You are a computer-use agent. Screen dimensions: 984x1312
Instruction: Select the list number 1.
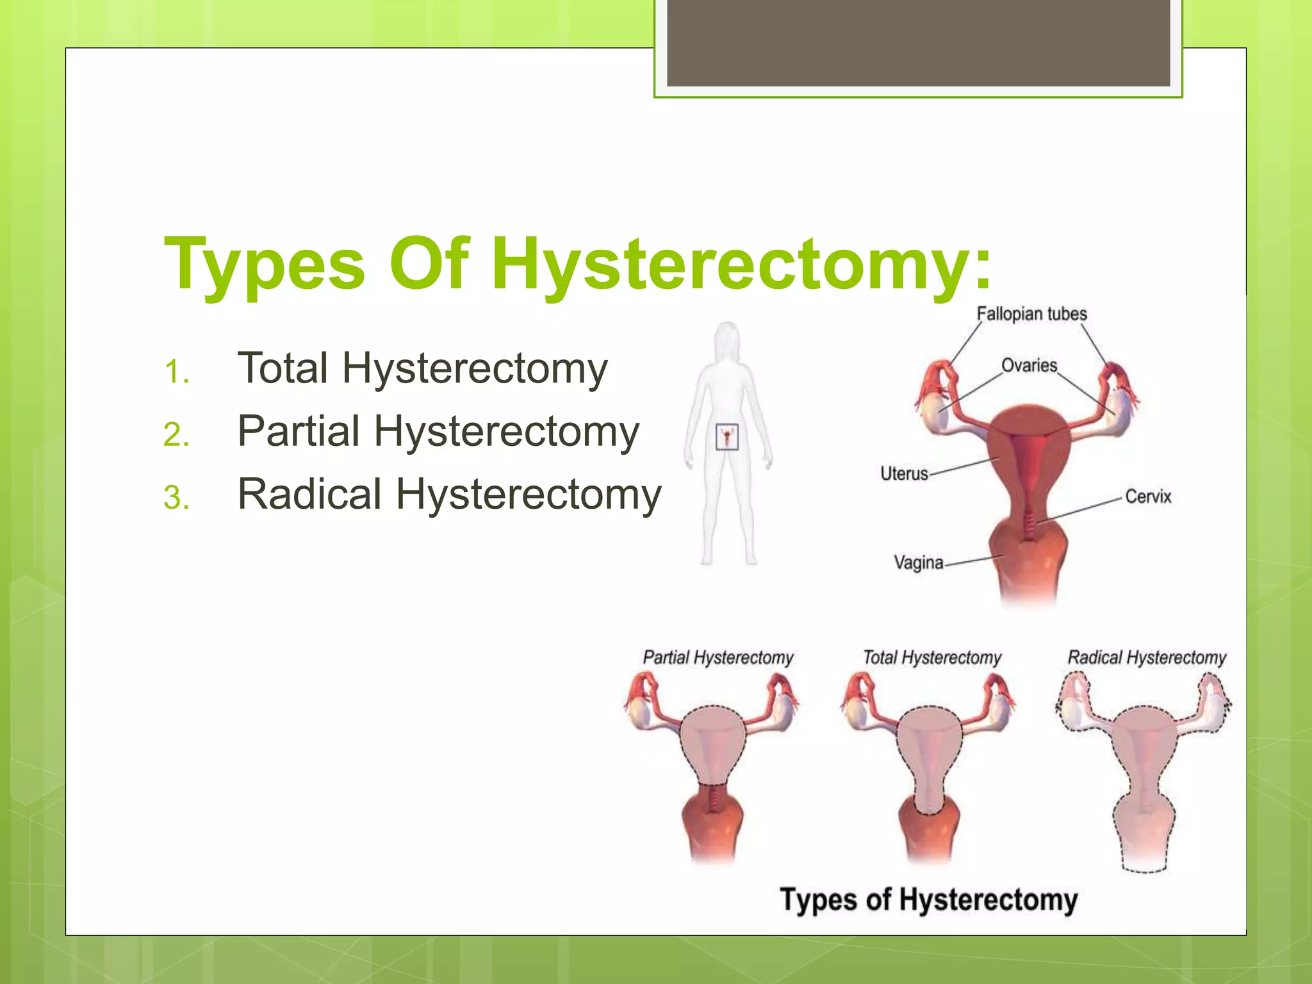pyautogui.click(x=176, y=372)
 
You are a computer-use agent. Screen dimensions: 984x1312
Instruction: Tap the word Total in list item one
pyautogui.click(x=283, y=368)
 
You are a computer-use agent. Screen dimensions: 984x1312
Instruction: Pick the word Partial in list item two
pyautogui.click(x=298, y=431)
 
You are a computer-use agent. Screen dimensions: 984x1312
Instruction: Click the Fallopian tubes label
pyautogui.click(x=1031, y=314)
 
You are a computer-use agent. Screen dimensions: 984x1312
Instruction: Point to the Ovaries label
pyautogui.click(x=1029, y=365)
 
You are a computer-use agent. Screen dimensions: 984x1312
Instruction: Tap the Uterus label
pyautogui.click(x=904, y=473)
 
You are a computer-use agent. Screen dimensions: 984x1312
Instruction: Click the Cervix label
pyautogui.click(x=1148, y=496)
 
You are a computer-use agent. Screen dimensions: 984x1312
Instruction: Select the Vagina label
pyautogui.click(x=918, y=562)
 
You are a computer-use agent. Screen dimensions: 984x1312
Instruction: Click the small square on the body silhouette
pyautogui.click(x=726, y=437)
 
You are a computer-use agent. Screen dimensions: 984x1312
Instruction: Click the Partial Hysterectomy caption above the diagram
pyautogui.click(x=717, y=657)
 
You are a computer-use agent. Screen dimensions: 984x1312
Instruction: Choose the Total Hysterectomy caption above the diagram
pyautogui.click(x=931, y=657)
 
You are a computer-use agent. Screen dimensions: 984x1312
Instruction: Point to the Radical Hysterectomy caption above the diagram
pyautogui.click(x=1146, y=657)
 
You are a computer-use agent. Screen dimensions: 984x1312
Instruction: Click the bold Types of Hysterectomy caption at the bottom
pyautogui.click(x=928, y=899)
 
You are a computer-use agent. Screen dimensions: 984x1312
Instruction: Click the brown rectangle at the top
pyautogui.click(x=918, y=42)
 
